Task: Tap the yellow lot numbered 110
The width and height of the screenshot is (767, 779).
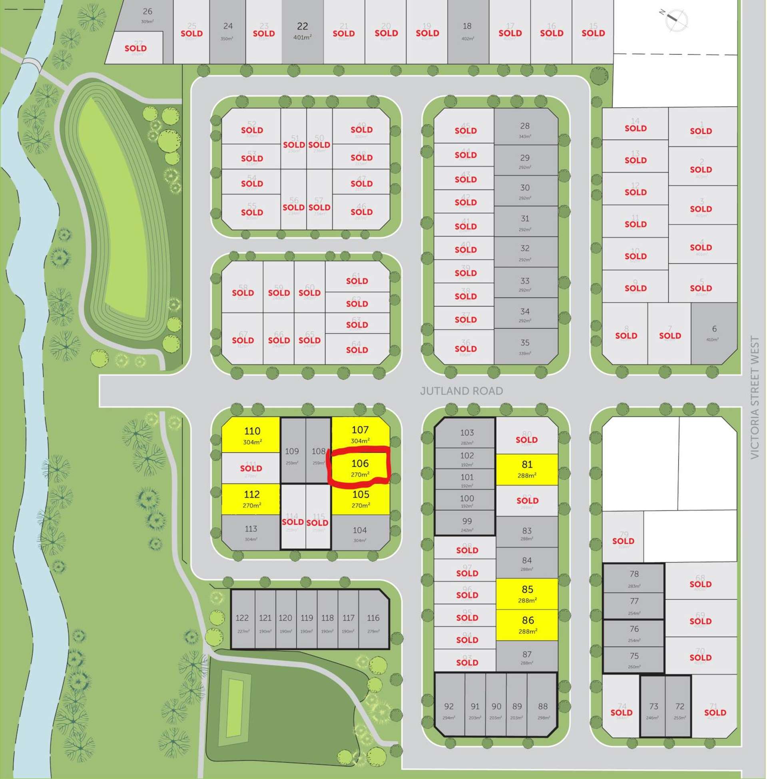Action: tap(251, 434)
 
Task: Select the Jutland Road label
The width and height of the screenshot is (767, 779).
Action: tap(461, 391)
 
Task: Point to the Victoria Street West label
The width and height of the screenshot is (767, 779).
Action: tap(755, 397)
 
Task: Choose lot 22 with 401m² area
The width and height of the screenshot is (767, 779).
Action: tap(302, 32)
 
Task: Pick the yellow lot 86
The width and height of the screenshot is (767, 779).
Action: tap(527, 625)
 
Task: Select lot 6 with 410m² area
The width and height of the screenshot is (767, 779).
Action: tap(714, 333)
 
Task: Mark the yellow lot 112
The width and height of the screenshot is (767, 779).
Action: tap(251, 499)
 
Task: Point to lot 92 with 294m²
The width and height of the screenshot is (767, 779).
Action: tap(449, 710)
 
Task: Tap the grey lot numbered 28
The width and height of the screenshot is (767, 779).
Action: tap(525, 129)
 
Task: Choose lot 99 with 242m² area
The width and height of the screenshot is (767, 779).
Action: tap(466, 524)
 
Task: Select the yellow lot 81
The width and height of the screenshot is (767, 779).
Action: tap(527, 469)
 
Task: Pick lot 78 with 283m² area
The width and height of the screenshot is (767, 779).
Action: tap(634, 577)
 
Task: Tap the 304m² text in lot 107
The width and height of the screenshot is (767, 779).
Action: tap(360, 441)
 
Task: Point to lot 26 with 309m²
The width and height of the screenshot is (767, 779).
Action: tap(147, 15)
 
